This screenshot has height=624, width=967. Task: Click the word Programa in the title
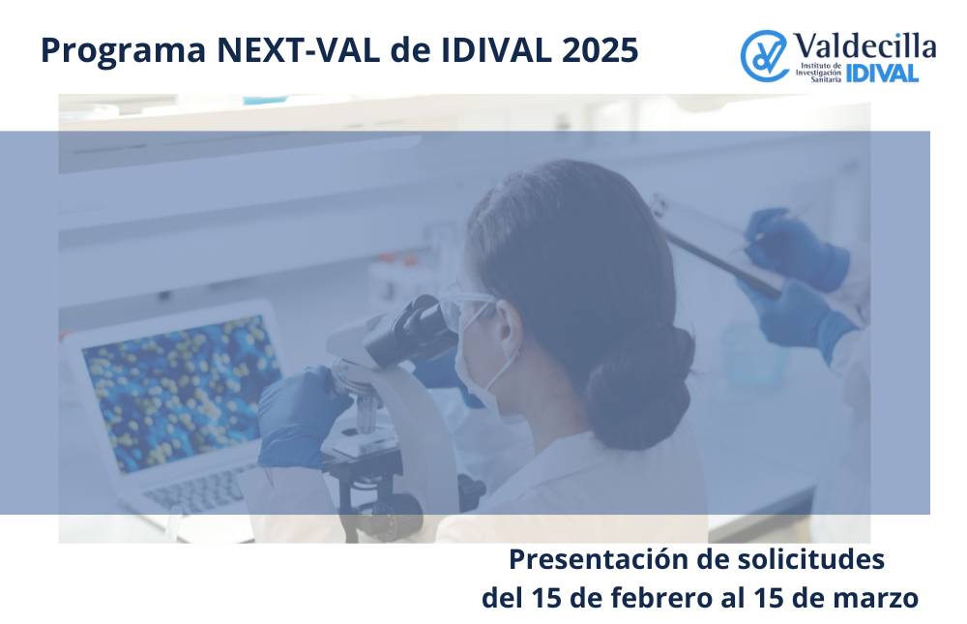pos(124,51)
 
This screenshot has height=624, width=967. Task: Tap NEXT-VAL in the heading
pos(299,50)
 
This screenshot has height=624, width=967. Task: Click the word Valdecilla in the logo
pos(865,45)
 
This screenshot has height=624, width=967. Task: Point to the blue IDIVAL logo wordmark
pos(883,74)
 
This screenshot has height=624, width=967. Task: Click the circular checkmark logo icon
pos(765,56)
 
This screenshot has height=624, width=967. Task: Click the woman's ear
pos(509,326)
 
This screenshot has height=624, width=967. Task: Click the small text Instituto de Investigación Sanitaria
pos(818,73)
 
